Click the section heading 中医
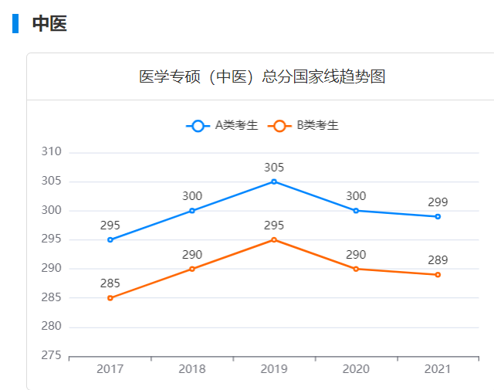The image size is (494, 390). (49, 24)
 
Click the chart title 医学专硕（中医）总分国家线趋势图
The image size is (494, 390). (262, 76)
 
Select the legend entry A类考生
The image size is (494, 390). (222, 125)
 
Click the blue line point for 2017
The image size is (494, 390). (110, 240)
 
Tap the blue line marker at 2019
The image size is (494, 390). (274, 181)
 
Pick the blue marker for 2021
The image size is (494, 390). (438, 216)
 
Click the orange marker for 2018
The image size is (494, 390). (192, 269)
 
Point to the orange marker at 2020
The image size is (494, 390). (356, 269)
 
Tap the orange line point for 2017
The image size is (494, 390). (110, 298)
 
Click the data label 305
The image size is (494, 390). (274, 167)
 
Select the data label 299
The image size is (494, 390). (438, 202)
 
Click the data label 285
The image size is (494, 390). (110, 283)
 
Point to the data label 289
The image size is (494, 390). (438, 260)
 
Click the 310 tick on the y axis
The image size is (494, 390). (51, 152)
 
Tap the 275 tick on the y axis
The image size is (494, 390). (51, 356)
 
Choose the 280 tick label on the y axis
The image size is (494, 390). (51, 327)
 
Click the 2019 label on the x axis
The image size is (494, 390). (274, 370)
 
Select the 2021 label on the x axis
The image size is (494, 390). (438, 370)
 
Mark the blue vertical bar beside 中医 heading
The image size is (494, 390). (15, 24)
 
